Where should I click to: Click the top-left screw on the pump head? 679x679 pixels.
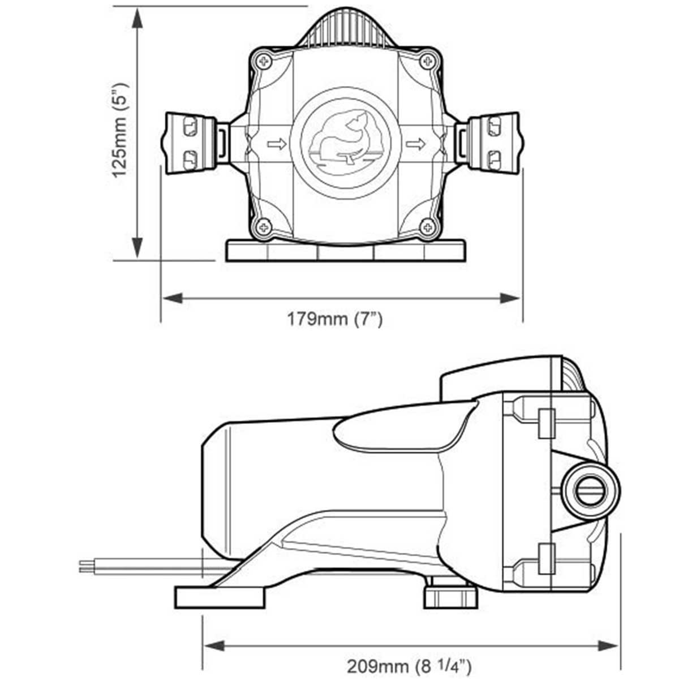[264, 61]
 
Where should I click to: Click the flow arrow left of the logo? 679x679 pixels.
[277, 144]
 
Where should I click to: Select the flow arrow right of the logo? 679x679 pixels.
[416, 144]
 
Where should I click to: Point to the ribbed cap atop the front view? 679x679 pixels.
[345, 31]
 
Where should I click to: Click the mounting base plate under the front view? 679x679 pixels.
[345, 251]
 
